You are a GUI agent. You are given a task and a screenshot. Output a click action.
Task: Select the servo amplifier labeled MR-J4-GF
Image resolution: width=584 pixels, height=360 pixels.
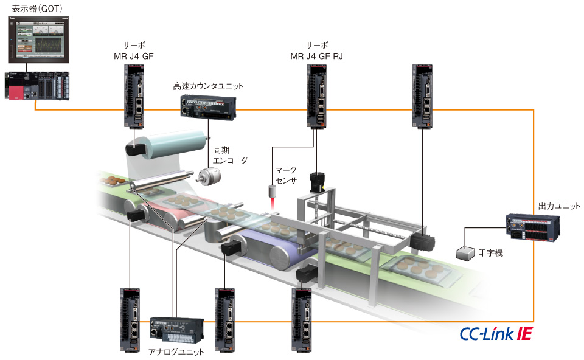click(x=133, y=95)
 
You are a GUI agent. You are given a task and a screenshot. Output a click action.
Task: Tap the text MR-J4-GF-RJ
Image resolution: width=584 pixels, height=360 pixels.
click(x=317, y=56)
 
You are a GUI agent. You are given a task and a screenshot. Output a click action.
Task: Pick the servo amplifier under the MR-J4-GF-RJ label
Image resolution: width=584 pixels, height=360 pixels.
click(x=317, y=95)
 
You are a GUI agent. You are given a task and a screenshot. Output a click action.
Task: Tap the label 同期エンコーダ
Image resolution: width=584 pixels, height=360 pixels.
click(x=230, y=156)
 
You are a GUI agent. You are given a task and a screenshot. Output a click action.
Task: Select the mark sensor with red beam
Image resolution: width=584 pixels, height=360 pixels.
click(x=272, y=193)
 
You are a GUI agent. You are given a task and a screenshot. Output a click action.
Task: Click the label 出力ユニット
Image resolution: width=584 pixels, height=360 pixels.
click(x=559, y=206)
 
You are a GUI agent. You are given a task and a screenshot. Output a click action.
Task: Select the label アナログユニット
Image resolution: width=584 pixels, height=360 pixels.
click(x=176, y=352)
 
